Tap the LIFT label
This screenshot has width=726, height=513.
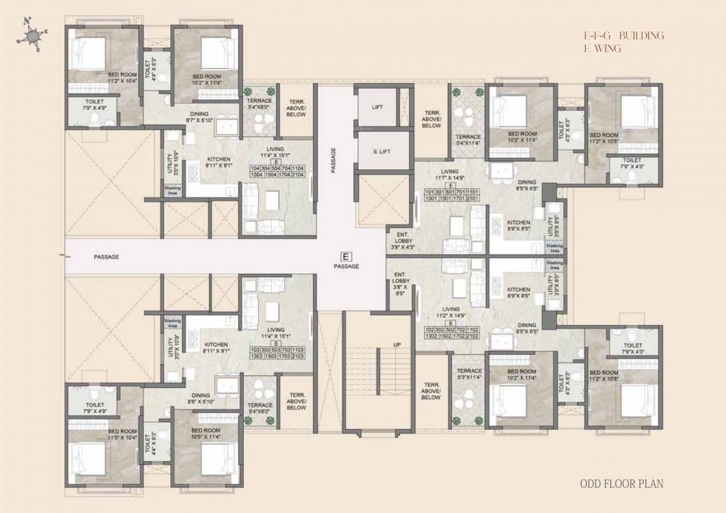[x=377, y=107]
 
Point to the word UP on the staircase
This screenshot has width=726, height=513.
[x=396, y=345]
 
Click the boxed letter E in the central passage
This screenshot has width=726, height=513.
[x=346, y=256]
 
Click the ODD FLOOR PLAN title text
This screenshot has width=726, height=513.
[x=621, y=484]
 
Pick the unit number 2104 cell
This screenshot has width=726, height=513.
[x=298, y=174]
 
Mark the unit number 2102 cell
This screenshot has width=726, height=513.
[x=473, y=338]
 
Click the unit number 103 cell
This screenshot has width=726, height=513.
[x=255, y=350]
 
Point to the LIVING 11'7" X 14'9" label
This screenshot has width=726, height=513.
[x=450, y=175]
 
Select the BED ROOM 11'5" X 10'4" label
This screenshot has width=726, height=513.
[x=122, y=435]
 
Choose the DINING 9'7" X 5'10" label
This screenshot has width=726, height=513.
[x=199, y=117]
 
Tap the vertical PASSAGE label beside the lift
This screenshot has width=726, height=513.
[x=333, y=160]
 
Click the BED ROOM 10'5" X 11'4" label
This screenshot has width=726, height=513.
[x=205, y=434]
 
